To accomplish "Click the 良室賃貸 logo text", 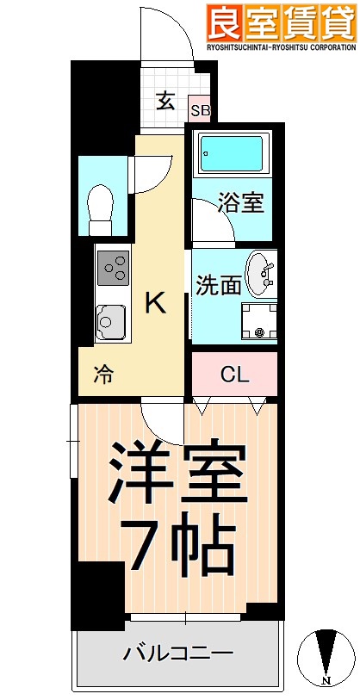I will coord(281,21).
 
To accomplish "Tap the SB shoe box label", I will coord(200,109).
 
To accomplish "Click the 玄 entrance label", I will coord(165,100).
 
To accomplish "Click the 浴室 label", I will coord(240,205).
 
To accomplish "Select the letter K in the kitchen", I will coord(155,303).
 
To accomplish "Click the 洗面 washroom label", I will coord(217,285).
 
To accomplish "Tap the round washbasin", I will coord(261,274).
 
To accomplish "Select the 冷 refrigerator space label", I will coord(102,375).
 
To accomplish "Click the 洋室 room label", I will coord(178,473).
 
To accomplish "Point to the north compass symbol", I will coord(326,659).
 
